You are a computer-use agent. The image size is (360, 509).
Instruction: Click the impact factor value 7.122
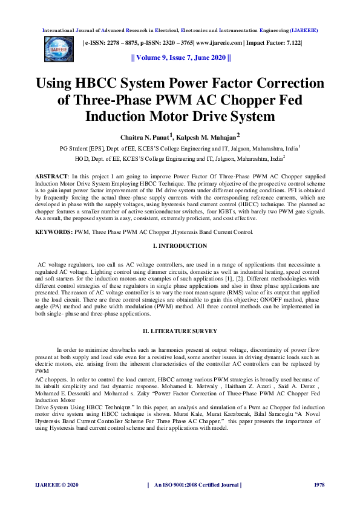click(x=293, y=43)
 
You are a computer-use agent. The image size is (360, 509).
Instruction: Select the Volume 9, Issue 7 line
click(x=180, y=58)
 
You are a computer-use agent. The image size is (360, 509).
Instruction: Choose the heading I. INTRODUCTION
click(x=180, y=246)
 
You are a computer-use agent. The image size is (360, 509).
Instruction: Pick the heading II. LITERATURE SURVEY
click(x=180, y=331)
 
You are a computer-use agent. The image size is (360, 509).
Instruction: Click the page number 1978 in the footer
click(x=319, y=485)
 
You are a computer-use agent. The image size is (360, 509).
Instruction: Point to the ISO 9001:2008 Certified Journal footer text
click(x=198, y=485)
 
